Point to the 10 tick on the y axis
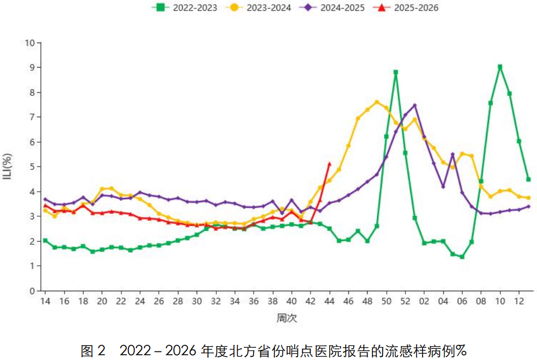(30, 43)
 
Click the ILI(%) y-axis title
(9, 167)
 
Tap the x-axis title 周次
(287, 318)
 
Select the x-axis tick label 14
(45, 301)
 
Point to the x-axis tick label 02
(425, 301)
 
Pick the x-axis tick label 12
(519, 301)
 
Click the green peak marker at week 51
(396, 72)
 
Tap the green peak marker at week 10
(500, 67)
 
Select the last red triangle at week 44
(329, 164)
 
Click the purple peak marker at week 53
(414, 105)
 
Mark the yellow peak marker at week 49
(377, 102)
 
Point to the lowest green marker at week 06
(462, 257)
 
